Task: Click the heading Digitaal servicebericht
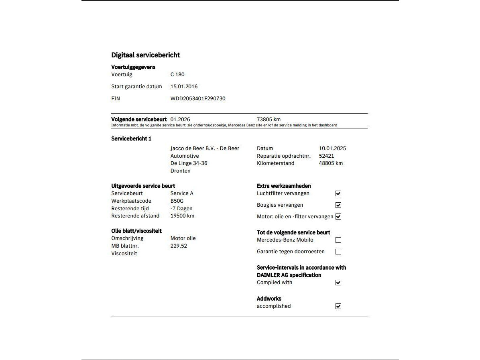pos(145,55)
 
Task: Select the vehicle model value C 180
pos(177,74)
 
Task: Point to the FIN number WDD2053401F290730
pos(198,98)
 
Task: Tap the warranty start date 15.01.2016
pos(184,86)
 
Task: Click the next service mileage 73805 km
pos(268,119)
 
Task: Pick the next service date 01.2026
pos(180,119)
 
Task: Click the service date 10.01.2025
pos(332,148)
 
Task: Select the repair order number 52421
pos(326,156)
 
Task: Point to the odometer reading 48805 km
pos(331,163)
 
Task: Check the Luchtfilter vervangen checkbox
pos(338,193)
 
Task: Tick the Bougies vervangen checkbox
pos(338,205)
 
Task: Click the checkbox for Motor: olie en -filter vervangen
pos(338,217)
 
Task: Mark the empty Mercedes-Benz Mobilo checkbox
pos(338,240)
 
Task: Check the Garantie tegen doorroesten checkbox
pos(338,252)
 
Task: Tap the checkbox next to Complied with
pos(338,283)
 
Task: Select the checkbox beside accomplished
pos(338,306)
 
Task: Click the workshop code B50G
pos(177,201)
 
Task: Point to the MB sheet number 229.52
pos(179,246)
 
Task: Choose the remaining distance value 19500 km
pos(182,216)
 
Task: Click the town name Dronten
pos(180,171)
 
